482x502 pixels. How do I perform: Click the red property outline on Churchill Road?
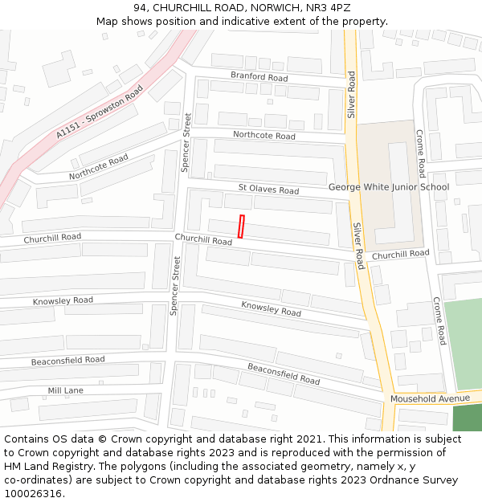point(240,227)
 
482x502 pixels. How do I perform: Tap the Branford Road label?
point(259,77)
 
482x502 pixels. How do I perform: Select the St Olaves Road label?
point(268,190)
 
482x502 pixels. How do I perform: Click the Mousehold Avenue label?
point(430,398)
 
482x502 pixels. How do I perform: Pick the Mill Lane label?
point(65,390)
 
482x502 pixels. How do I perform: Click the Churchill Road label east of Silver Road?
point(400,255)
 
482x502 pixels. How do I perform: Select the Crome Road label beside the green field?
point(439,320)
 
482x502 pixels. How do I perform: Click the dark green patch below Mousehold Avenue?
point(467,418)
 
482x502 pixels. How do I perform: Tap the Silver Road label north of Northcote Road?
point(351,95)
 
